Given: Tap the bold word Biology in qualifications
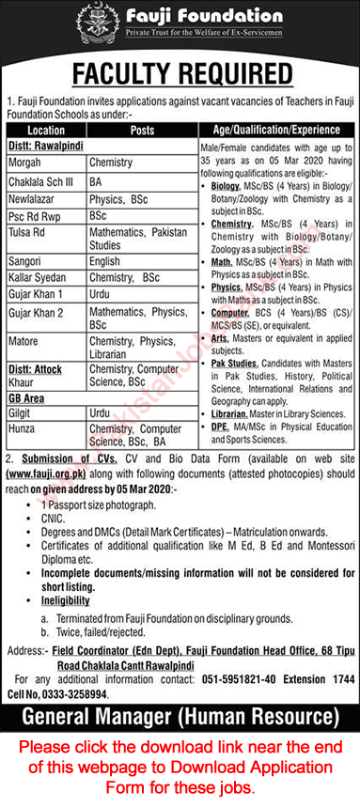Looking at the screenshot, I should click(x=226, y=187).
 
